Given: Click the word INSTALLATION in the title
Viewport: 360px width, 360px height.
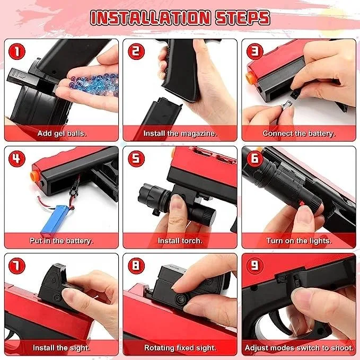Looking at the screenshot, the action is coord(151,17).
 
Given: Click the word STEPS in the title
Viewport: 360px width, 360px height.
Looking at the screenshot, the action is coord(242,17).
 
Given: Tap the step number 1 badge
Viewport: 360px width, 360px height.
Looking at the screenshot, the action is coord(17,51).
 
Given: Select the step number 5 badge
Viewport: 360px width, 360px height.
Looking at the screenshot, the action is coord(136,159).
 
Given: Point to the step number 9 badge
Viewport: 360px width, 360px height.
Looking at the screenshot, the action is coord(254,266).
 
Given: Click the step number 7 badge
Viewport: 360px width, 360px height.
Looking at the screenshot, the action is coord(17,266).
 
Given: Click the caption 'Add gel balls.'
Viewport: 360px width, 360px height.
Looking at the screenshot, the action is coord(62,133).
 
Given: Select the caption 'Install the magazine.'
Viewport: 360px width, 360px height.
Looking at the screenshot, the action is coord(180,133).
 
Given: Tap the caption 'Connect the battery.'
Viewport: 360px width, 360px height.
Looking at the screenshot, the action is coord(298,133).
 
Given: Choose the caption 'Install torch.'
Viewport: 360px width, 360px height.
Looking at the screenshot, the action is coord(180,241).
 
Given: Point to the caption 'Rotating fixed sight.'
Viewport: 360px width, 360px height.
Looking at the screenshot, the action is coord(180,348).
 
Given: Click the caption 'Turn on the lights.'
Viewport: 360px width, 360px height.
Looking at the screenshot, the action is coord(298,241).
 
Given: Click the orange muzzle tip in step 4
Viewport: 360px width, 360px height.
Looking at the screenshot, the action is coord(34,177).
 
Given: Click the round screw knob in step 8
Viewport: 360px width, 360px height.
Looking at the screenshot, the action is coord(180,299).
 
